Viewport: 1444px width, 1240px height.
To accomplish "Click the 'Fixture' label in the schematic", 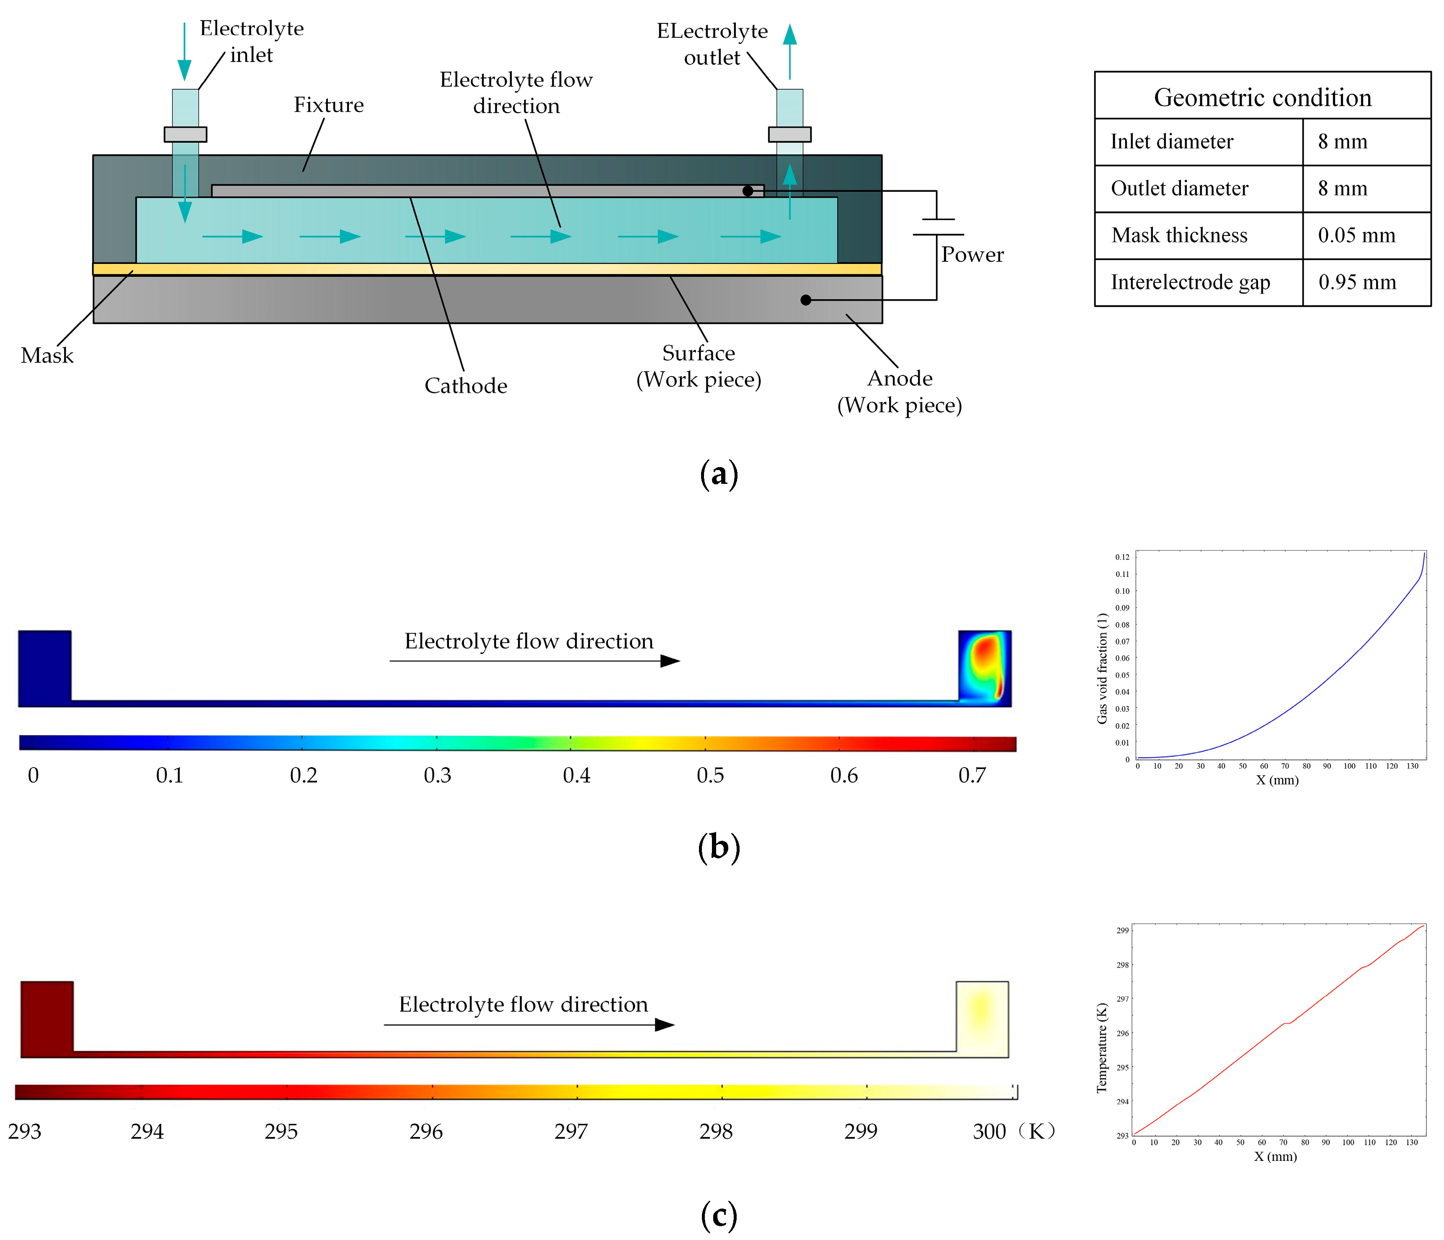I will [x=328, y=105].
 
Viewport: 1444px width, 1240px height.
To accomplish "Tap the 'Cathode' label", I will [x=466, y=385].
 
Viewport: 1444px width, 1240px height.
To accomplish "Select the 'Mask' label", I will [x=46, y=356].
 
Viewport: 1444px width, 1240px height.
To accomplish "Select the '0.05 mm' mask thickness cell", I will [x=1356, y=235].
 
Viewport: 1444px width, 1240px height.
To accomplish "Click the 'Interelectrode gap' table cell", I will [x=1190, y=282].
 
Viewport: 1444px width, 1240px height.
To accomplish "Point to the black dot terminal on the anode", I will [x=806, y=300].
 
